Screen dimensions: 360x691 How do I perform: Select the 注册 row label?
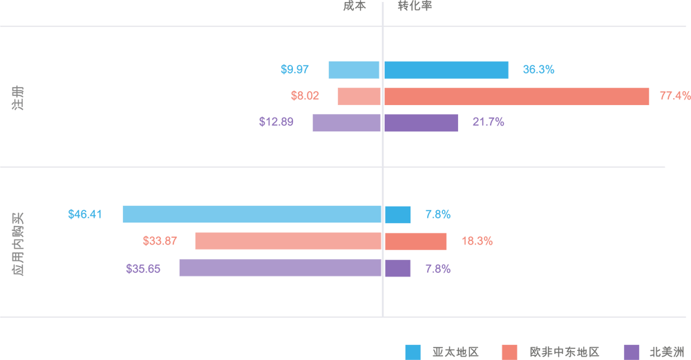(17, 97)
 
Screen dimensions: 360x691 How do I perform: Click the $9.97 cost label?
(294, 70)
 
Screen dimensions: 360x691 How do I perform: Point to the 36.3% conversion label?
(538, 70)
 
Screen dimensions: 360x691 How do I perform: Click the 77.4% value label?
(674, 97)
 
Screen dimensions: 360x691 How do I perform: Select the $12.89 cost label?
(276, 122)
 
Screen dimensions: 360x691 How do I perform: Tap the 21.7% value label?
(488, 122)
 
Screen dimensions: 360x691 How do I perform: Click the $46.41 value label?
(85, 214)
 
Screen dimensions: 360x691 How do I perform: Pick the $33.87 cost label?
(160, 241)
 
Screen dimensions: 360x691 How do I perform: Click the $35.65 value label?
(143, 268)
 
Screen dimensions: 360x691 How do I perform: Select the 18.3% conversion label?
(477, 241)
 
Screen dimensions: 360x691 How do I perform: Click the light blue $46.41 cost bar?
(252, 214)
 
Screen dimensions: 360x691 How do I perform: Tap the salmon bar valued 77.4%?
(516, 97)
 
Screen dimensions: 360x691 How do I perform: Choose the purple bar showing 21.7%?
(421, 123)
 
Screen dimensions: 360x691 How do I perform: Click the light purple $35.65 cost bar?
(281, 268)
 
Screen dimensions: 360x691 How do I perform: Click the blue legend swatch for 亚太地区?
(413, 352)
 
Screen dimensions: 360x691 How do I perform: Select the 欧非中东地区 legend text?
(565, 352)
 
